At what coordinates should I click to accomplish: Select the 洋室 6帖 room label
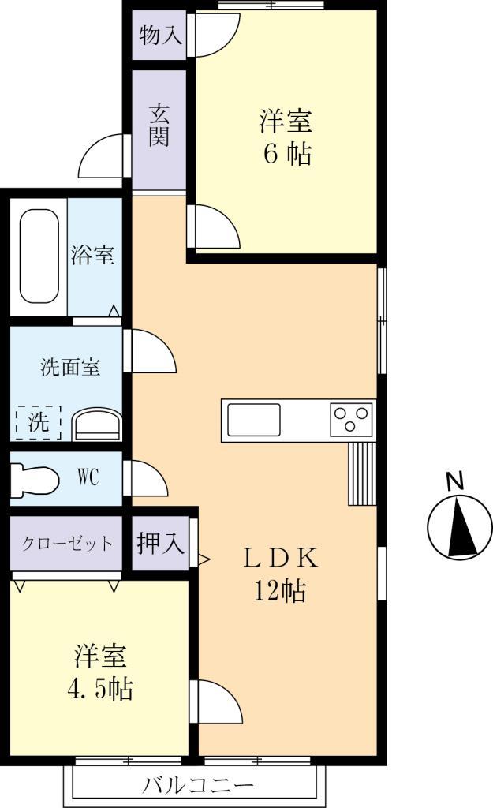[x=286, y=138]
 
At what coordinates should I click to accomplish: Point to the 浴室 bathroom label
[x=93, y=256]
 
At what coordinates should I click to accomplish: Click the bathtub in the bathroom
[x=39, y=256]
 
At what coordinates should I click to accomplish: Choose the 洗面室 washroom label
[x=71, y=367]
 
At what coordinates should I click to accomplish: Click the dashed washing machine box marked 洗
[x=38, y=421]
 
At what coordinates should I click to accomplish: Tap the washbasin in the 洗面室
[x=96, y=425]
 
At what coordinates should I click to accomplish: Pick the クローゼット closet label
[x=67, y=544]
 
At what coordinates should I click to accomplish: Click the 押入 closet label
[x=160, y=544]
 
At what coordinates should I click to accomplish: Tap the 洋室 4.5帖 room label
[x=100, y=672]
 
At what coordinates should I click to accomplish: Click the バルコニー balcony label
[x=198, y=786]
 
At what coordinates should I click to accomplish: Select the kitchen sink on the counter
[x=254, y=419]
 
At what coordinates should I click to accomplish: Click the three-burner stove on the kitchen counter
[x=351, y=418]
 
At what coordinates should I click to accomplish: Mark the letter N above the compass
[x=454, y=481]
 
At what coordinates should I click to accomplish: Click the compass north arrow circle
[x=454, y=528]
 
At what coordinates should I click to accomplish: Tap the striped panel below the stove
[x=362, y=473]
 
